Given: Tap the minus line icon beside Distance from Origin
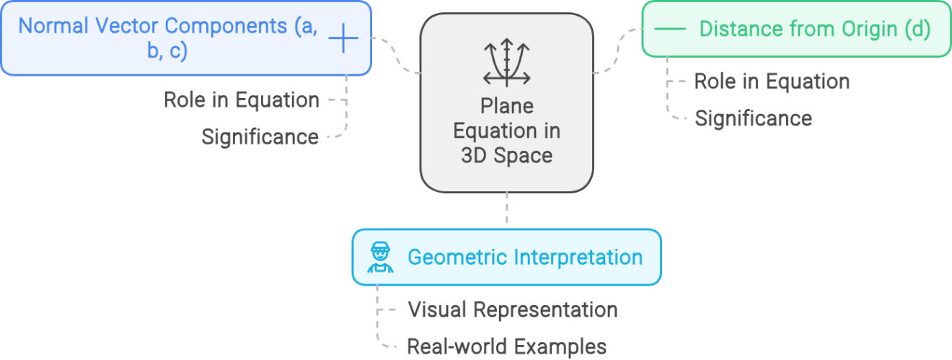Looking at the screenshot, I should (671, 30).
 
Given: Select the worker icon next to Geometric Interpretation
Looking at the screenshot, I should (379, 258).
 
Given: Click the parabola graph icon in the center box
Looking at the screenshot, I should (507, 62).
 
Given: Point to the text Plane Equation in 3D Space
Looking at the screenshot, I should (507, 131).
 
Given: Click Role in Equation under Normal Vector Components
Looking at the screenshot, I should (241, 100).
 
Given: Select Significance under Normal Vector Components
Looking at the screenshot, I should (260, 137).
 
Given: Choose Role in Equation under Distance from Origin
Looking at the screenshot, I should (771, 82).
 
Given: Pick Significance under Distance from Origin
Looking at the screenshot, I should (753, 118).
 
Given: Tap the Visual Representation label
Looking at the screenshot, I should (512, 310).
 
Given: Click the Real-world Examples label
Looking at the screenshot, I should (506, 347).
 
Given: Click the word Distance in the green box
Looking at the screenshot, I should (731, 30).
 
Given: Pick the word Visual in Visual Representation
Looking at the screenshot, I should (436, 310).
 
